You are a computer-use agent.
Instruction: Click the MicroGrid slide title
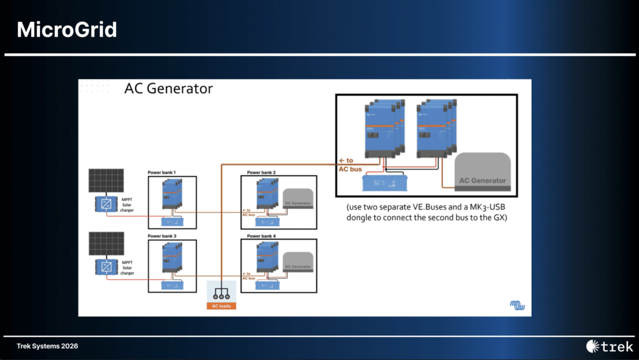[67, 29]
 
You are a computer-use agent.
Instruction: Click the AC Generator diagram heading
[168, 89]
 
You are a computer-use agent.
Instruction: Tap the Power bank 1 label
[162, 172]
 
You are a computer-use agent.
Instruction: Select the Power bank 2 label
[261, 172]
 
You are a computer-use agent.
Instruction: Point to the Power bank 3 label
[162, 236]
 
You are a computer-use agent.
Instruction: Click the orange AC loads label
[222, 306]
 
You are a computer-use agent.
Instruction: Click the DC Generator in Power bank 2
[298, 200]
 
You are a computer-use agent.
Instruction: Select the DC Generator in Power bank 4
[298, 265]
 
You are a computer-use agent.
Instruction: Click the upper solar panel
[105, 182]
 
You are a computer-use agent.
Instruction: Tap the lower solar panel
[105, 244]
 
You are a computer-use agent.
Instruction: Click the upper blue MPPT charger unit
[105, 204]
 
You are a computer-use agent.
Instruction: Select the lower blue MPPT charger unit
[105, 267]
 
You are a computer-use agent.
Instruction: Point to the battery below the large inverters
[386, 182]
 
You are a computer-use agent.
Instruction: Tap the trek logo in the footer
[610, 346]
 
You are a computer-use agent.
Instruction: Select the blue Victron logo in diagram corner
[517, 305]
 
